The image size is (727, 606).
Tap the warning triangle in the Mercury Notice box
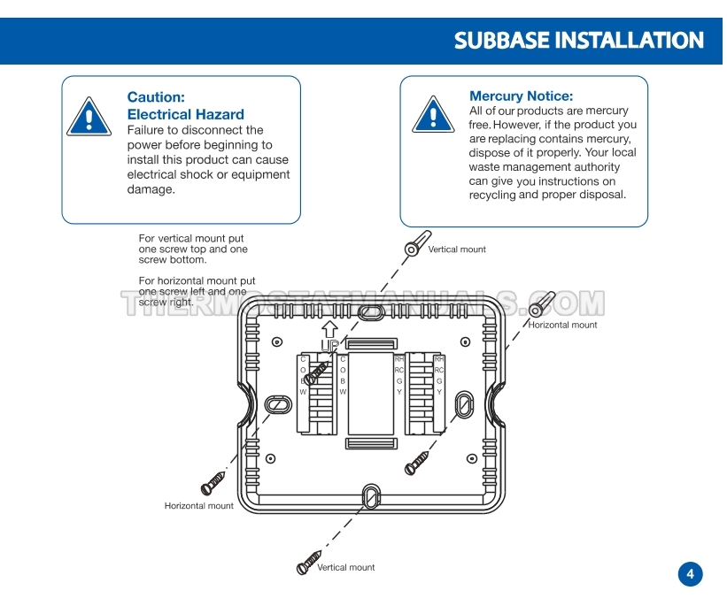click(432, 114)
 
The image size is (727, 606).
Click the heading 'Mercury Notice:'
click(521, 96)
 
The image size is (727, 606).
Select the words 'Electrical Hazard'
click(185, 114)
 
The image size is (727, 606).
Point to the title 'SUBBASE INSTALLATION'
click(578, 41)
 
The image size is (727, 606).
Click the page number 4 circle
click(691, 574)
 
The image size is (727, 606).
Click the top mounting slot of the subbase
click(371, 312)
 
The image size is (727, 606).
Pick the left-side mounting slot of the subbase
click(277, 403)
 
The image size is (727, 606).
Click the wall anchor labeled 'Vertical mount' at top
click(416, 245)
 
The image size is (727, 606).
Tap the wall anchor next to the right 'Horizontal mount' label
click(541, 304)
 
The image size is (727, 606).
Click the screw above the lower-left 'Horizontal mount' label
click(213, 483)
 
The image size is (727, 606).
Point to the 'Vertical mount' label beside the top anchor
click(457, 249)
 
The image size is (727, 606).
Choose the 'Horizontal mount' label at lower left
click(199, 506)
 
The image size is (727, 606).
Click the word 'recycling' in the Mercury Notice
click(492, 196)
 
